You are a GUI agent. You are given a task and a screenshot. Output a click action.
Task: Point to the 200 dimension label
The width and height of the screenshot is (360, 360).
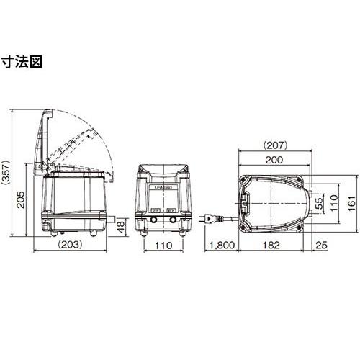[274, 160]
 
